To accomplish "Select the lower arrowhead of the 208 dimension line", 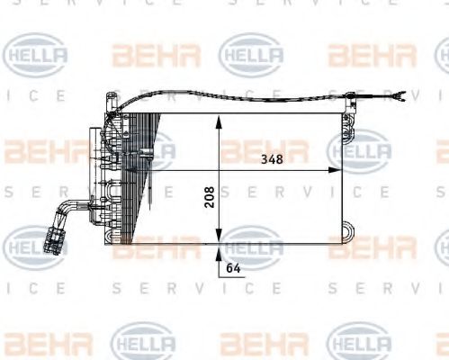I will [217, 238].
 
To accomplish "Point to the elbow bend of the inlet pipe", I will [63, 211].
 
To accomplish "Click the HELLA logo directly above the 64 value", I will [251, 243].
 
